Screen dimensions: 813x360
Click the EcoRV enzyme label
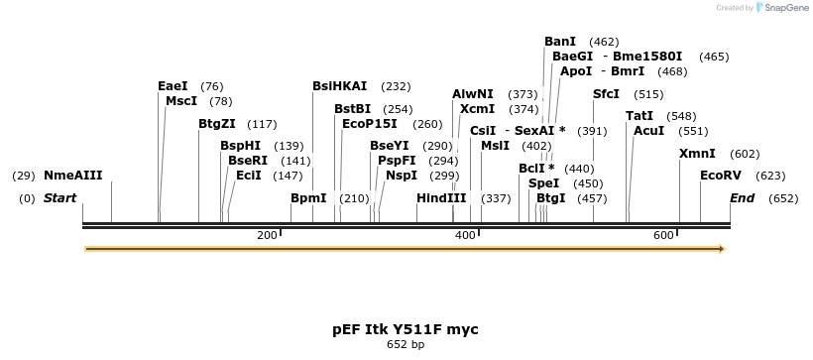coord(720,176)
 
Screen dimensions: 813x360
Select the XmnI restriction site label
coord(697,154)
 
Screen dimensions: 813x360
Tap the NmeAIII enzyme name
coord(72,176)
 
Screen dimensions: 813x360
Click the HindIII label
coord(441,198)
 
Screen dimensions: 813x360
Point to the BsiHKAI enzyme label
coord(339,86)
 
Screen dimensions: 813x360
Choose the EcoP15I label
coord(369,124)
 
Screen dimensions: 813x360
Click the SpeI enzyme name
coord(544,183)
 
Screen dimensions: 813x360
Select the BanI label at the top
coord(560,42)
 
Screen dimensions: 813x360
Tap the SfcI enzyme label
coord(606,94)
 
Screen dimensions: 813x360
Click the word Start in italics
coord(59,198)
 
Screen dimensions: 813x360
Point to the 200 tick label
coord(267,235)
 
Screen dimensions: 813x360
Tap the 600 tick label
coord(663,235)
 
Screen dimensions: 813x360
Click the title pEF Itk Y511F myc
coord(406,328)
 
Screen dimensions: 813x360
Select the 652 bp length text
coord(406,345)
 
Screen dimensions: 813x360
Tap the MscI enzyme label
coord(181,101)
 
